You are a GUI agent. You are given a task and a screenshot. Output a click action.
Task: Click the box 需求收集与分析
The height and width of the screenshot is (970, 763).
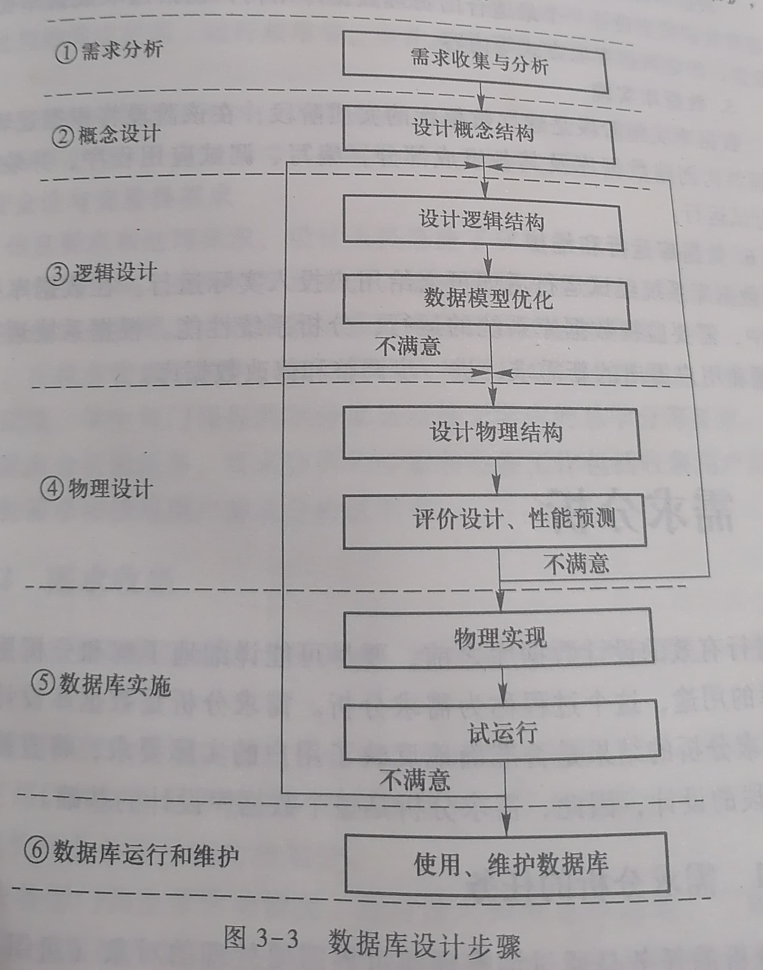(475, 62)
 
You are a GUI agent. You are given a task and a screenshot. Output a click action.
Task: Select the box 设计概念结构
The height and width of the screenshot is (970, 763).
(478, 134)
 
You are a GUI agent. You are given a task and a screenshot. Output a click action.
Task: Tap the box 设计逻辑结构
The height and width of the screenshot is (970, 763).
(482, 223)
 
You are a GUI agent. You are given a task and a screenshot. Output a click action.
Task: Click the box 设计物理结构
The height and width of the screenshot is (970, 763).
(492, 433)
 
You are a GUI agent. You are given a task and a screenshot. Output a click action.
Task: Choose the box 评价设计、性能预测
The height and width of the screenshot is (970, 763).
(494, 521)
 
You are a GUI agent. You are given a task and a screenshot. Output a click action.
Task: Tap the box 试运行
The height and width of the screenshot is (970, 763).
(502, 732)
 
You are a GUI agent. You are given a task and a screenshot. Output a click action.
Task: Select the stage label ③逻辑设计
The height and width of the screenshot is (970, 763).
(101, 272)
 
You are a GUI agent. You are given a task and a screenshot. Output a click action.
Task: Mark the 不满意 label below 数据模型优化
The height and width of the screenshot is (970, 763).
(408, 346)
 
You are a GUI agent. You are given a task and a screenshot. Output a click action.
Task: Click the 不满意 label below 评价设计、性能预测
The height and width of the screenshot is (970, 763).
(576, 563)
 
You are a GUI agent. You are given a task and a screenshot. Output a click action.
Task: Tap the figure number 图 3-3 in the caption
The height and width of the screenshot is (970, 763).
(261, 937)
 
